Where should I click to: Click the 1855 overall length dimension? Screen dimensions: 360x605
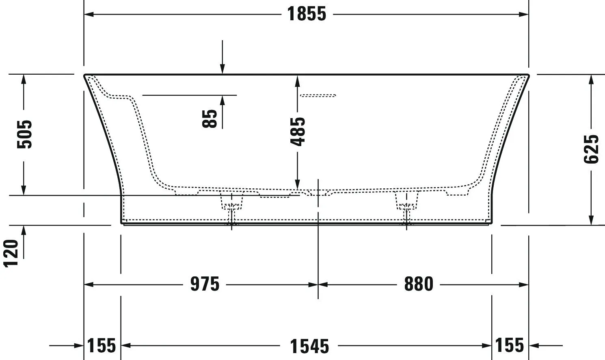pyautogui.click(x=307, y=14)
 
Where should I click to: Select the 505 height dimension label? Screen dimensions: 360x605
pyautogui.click(x=24, y=134)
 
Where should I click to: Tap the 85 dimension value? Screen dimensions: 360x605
pyautogui.click(x=210, y=119)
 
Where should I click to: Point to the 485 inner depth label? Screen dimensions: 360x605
pyautogui.click(x=298, y=131)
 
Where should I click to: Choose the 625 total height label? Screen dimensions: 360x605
pyautogui.click(x=591, y=149)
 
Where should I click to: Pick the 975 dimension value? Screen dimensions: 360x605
pyautogui.click(x=205, y=284)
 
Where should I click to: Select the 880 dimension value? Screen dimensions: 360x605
pyautogui.click(x=419, y=284)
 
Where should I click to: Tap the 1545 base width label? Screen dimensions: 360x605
pyautogui.click(x=309, y=346)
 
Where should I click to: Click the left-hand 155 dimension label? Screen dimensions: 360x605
pyautogui.click(x=102, y=346)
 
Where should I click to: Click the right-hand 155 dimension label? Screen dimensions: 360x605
pyautogui.click(x=510, y=345)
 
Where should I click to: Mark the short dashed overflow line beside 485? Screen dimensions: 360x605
pyautogui.click(x=318, y=96)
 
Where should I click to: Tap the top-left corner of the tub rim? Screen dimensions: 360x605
pyautogui.click(x=85, y=75)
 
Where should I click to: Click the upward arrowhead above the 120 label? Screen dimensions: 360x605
pyautogui.click(x=24, y=230)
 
